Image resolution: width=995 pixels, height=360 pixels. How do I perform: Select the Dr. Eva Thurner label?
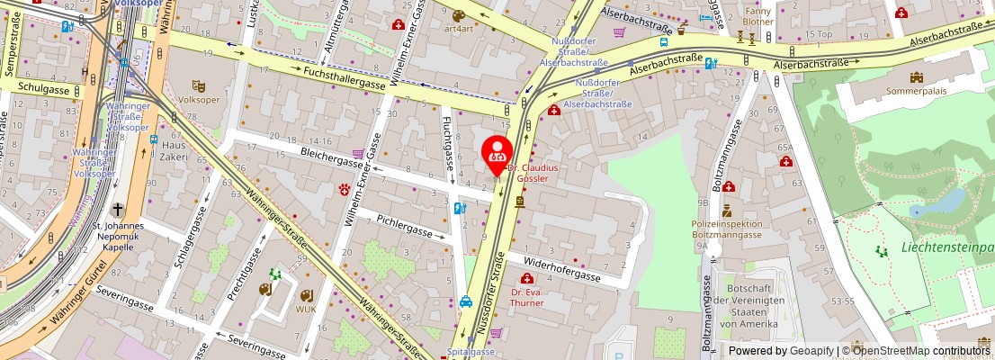tap(527, 297)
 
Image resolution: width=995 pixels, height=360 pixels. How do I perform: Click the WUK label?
tap(308, 310)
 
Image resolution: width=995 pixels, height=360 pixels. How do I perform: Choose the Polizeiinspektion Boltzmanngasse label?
tap(727, 229)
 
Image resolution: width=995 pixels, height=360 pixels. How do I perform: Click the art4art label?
tap(459, 28)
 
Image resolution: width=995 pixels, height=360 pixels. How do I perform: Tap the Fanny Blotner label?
tap(758, 16)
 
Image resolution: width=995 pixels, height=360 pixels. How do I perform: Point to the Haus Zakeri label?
tap(175, 150)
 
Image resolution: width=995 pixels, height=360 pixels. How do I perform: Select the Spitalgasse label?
tap(471, 352)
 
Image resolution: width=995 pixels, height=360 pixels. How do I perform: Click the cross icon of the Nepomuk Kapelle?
tap(117, 209)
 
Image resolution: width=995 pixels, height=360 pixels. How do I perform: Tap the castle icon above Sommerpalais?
tap(917, 77)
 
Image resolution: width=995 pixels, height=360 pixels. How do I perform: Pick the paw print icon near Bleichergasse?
tap(344, 188)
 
